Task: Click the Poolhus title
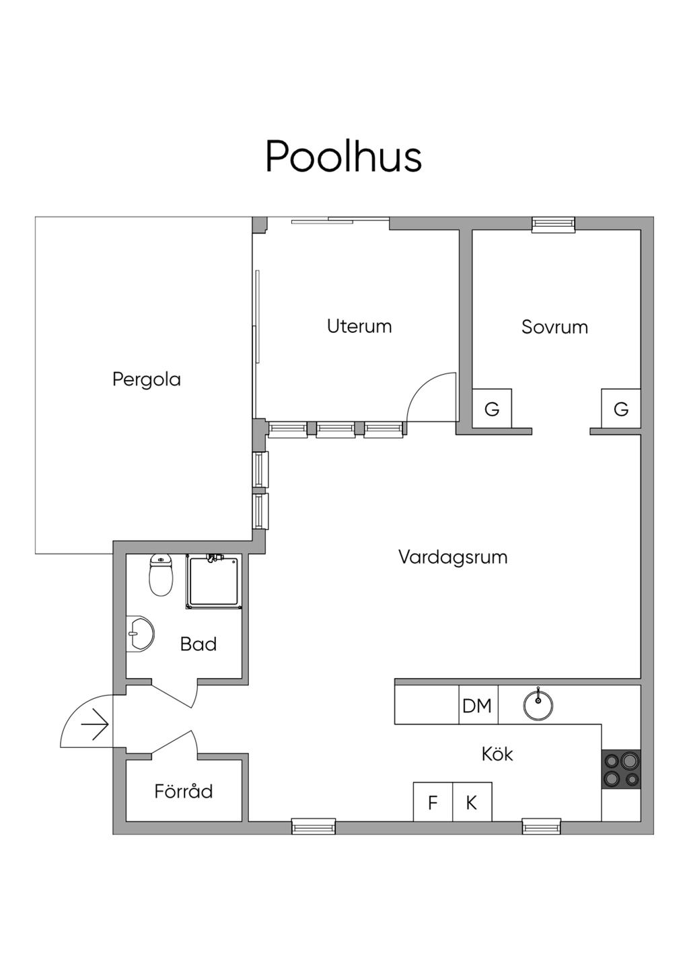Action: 343,157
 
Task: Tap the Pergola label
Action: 147,379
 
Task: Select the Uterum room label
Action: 359,326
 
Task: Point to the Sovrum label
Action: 554,327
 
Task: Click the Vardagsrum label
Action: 453,557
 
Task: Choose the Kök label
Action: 497,754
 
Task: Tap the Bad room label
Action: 198,644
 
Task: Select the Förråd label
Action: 184,791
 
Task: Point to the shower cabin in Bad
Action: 213,583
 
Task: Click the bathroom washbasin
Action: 140,634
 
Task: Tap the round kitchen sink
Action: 538,705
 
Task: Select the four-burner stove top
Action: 621,770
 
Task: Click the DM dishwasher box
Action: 478,706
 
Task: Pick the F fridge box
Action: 433,802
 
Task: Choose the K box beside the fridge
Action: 472,802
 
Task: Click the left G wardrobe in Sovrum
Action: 492,408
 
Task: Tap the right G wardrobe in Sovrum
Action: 621,408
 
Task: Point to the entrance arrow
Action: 95,725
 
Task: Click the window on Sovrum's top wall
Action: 553,225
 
